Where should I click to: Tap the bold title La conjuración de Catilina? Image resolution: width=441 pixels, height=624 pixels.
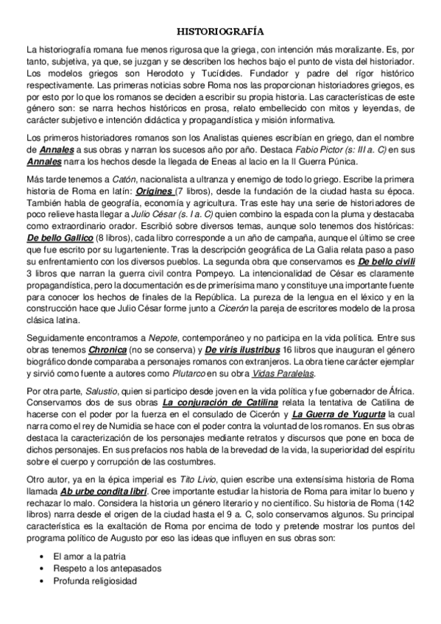(220, 404)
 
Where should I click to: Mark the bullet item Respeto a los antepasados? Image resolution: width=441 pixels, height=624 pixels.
(107, 568)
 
